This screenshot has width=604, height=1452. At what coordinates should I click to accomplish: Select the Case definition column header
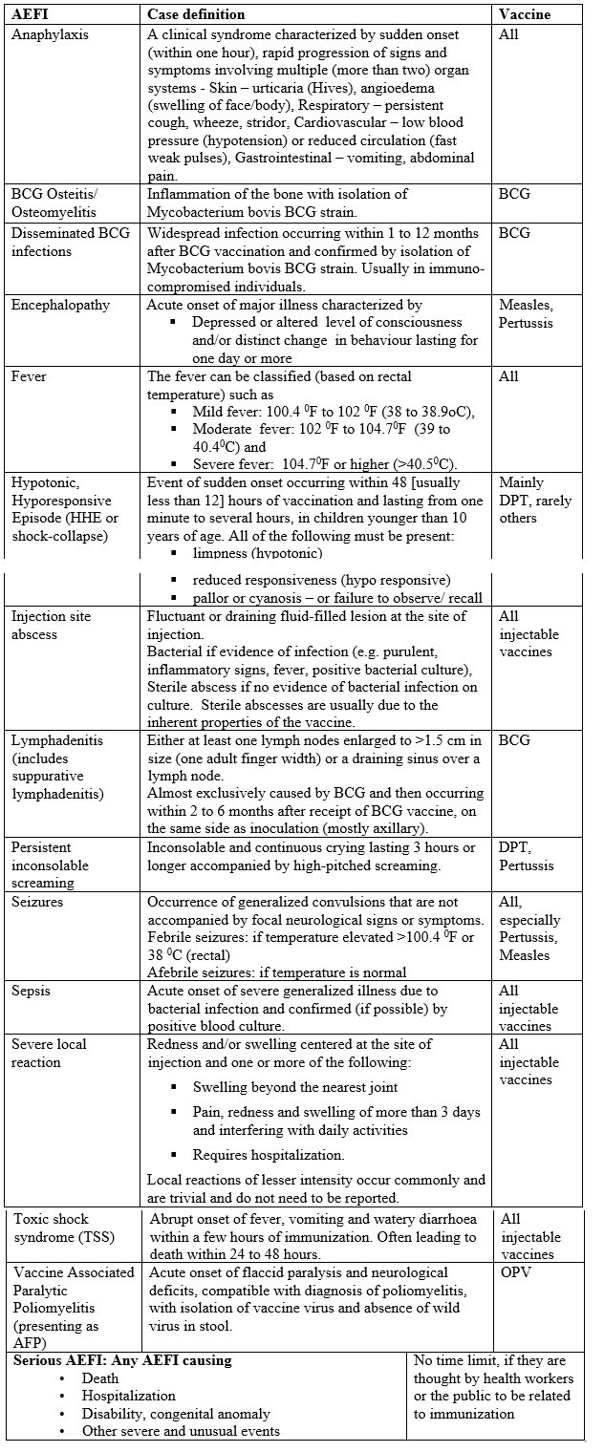[195, 14]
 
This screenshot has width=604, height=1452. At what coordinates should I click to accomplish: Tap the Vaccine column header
[526, 14]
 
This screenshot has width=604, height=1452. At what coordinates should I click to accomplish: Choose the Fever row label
[29, 376]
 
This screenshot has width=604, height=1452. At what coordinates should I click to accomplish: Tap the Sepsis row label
[32, 991]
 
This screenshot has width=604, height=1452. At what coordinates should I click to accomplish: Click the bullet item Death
[100, 1377]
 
